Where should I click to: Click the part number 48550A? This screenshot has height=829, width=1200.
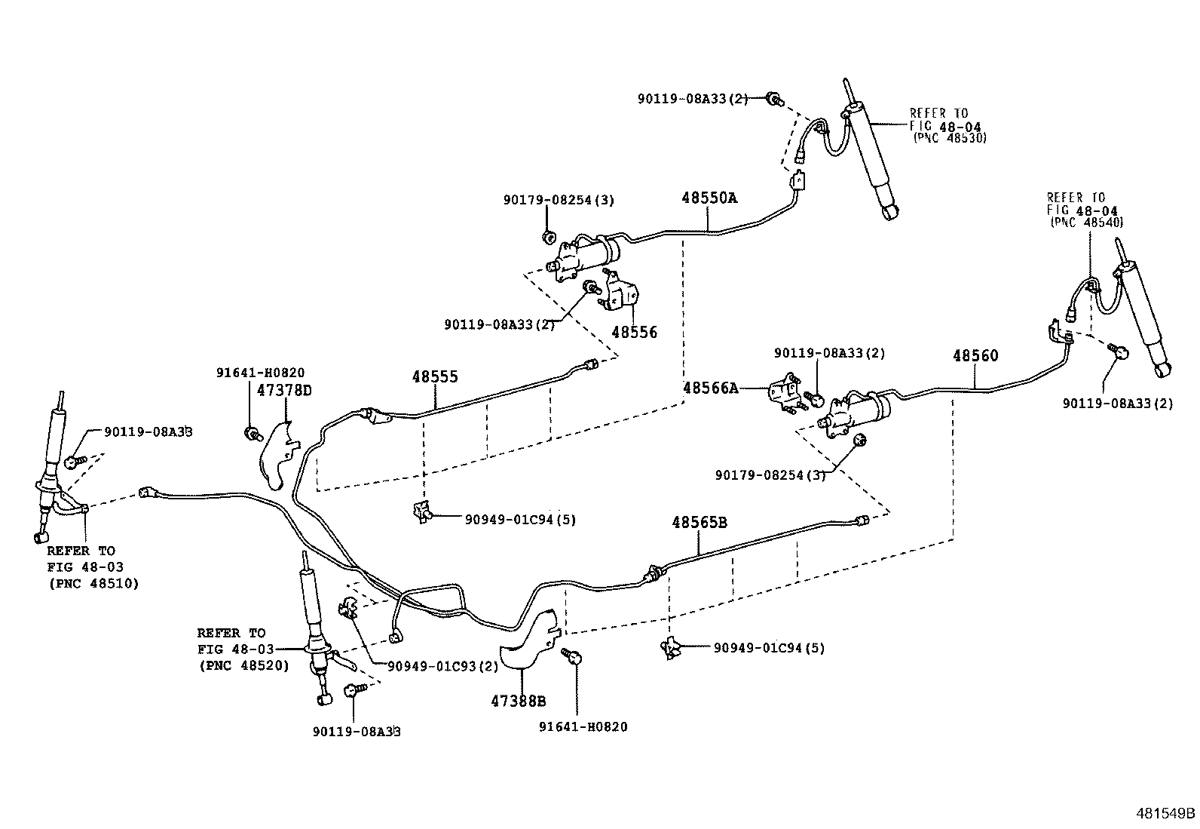click(x=709, y=198)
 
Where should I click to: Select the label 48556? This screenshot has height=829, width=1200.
click(x=634, y=332)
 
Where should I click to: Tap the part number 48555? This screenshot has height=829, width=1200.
click(x=435, y=377)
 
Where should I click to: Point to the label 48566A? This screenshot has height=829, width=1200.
click(x=710, y=388)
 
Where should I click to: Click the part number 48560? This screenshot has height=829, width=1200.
click(x=975, y=355)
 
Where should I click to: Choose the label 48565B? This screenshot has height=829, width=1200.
click(x=699, y=522)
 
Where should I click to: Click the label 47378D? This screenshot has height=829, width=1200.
click(x=284, y=390)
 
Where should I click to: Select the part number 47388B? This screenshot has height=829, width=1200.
click(x=518, y=701)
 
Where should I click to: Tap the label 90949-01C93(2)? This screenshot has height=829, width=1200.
click(x=442, y=666)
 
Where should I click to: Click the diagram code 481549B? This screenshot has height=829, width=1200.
click(x=1165, y=814)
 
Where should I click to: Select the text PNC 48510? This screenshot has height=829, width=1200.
click(x=93, y=583)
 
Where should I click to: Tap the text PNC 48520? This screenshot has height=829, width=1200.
click(x=243, y=666)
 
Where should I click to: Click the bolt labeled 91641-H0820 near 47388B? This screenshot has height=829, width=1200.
click(x=574, y=658)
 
